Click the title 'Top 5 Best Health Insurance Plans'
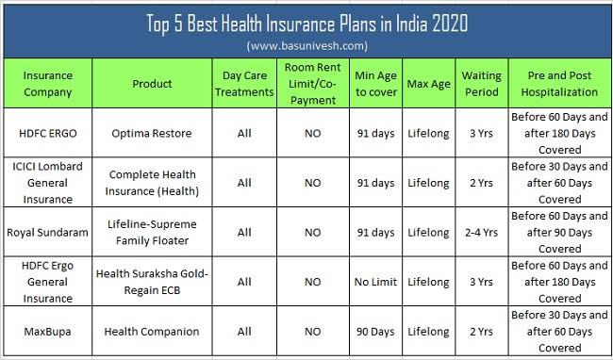pos(306,22)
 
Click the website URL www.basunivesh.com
pos(306,45)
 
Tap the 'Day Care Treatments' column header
pos(244,83)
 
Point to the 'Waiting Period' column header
pos(481,83)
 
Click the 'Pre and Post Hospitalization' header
pos(559,83)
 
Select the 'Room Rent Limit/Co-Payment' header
pos(312,83)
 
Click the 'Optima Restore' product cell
pos(140,133)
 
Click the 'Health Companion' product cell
pos(140,331)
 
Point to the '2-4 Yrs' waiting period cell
pos(481,231)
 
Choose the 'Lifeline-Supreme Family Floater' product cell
pos(140,231)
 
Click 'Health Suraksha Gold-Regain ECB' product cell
pos(140,281)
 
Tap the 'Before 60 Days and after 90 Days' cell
pos(559,231)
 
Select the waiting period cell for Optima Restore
pos(481,133)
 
